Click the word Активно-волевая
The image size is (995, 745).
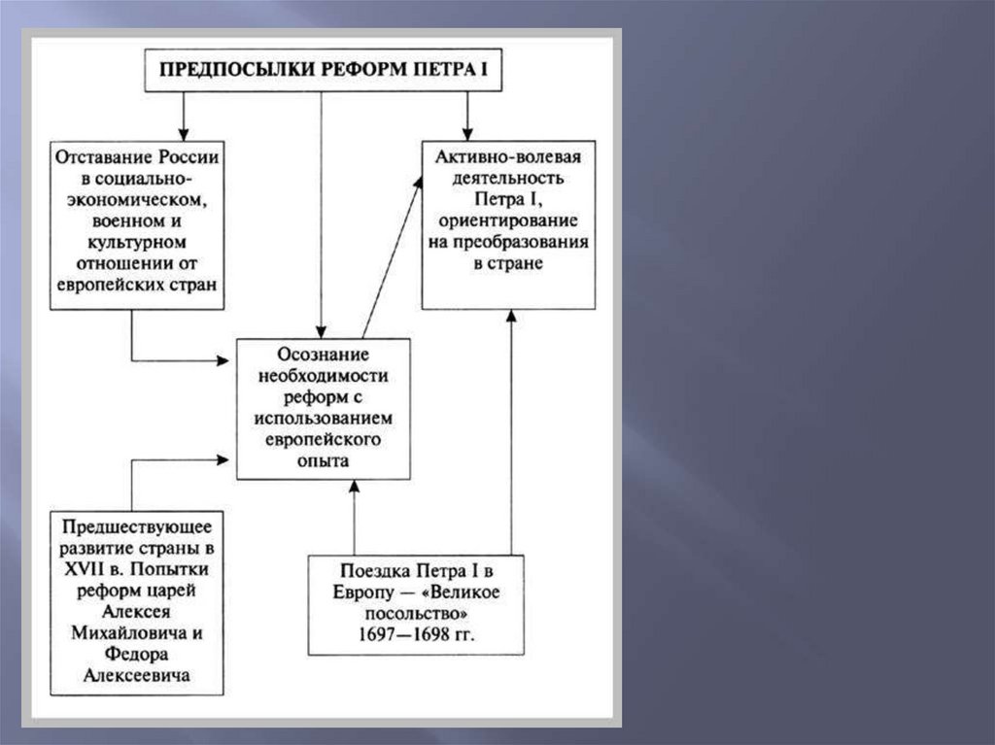pos(508,158)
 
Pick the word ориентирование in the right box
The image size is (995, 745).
pos(508,222)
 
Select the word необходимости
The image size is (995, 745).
pos(324,376)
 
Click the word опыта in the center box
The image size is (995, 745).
pos(324,460)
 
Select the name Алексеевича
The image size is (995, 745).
pos(137,675)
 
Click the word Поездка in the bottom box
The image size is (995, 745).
pos(375,569)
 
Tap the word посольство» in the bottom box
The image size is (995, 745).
pos(417,613)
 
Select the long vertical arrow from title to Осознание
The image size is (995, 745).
pos(322,214)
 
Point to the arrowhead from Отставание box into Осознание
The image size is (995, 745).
pos(223,360)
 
